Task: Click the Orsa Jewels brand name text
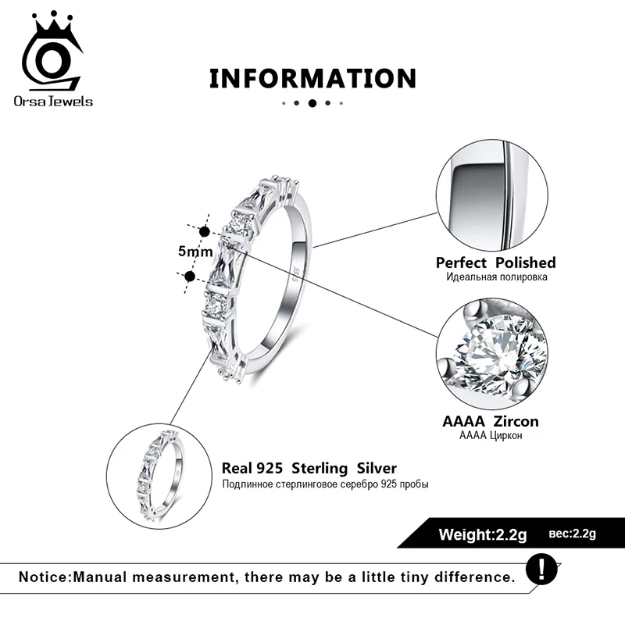coord(53,102)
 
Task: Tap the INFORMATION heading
coord(313,78)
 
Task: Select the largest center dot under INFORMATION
coord(312,103)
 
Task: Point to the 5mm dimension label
coord(195,251)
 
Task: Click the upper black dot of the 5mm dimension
coord(205,231)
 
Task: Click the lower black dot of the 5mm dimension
coord(190,276)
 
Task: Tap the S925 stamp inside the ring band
coord(296,275)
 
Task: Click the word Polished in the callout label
coord(525,262)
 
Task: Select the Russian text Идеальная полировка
coord(497,277)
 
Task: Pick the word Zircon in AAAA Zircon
coord(516,421)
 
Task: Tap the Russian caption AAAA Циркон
coord(491,435)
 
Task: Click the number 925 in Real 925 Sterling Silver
coord(270,468)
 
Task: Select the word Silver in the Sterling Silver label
coord(377,468)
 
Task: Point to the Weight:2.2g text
coord(483,534)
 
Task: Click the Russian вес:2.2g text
coord(573,534)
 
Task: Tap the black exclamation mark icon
coord(541,570)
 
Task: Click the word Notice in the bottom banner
coord(44,577)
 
